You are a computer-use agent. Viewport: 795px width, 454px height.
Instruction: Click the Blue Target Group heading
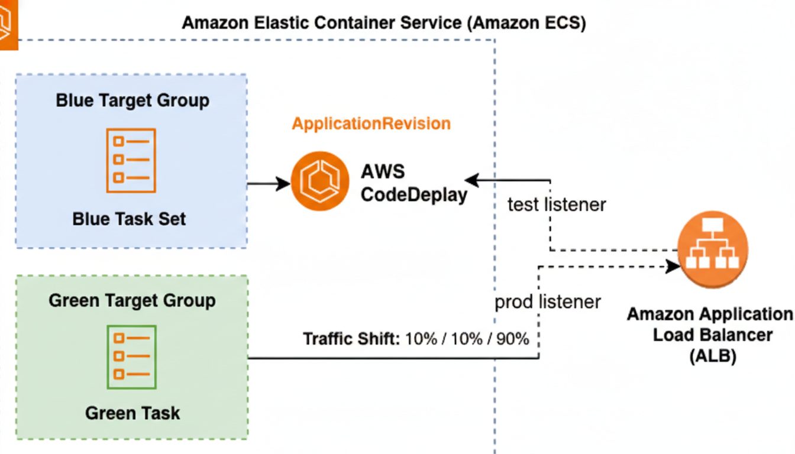pyautogui.click(x=132, y=100)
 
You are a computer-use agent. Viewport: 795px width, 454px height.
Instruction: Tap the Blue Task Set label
pyautogui.click(x=129, y=219)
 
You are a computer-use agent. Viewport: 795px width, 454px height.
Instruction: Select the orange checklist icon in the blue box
pyautogui.click(x=131, y=160)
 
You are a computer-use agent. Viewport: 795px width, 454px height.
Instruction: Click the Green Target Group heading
pyautogui.click(x=132, y=300)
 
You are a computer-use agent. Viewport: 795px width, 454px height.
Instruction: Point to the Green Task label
pyautogui.click(x=132, y=413)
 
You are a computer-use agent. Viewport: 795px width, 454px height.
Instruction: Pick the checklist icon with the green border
pyautogui.click(x=132, y=356)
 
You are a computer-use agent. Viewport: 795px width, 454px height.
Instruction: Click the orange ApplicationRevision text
pyautogui.click(x=371, y=124)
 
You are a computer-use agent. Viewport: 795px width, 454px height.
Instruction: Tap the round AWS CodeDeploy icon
pyautogui.click(x=319, y=181)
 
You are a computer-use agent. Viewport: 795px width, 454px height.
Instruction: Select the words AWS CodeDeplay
pyautogui.click(x=413, y=183)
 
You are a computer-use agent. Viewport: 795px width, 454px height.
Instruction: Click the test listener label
pyautogui.click(x=557, y=205)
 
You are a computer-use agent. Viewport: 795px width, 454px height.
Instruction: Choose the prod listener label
pyautogui.click(x=548, y=301)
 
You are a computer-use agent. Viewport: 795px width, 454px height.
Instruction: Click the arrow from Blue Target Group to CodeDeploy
pyautogui.click(x=269, y=183)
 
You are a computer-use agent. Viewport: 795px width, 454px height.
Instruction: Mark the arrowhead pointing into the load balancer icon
pyautogui.click(x=674, y=267)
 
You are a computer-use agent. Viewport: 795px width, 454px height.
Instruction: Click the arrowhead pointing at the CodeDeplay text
pyautogui.click(x=472, y=180)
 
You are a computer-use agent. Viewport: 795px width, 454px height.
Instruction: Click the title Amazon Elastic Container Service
pyautogui.click(x=383, y=24)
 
